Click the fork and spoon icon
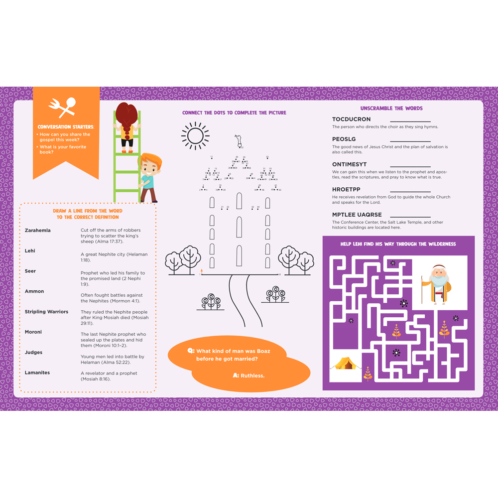[x=62, y=108]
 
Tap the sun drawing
[x=195, y=135]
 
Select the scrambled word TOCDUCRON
[x=352, y=120]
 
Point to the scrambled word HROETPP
[x=346, y=190]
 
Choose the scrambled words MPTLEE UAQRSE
[x=357, y=215]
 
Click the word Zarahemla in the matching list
[x=38, y=231]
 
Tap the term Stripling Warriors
[x=46, y=312]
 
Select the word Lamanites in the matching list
[x=37, y=373]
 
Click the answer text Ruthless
[x=252, y=375]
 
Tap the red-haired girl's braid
[x=126, y=133]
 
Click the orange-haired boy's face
[x=149, y=168]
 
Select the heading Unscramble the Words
[x=391, y=108]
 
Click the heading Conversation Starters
[x=66, y=127]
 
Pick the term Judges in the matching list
[x=34, y=352]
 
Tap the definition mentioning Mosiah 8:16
[x=109, y=376]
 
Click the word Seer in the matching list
[x=30, y=271]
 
